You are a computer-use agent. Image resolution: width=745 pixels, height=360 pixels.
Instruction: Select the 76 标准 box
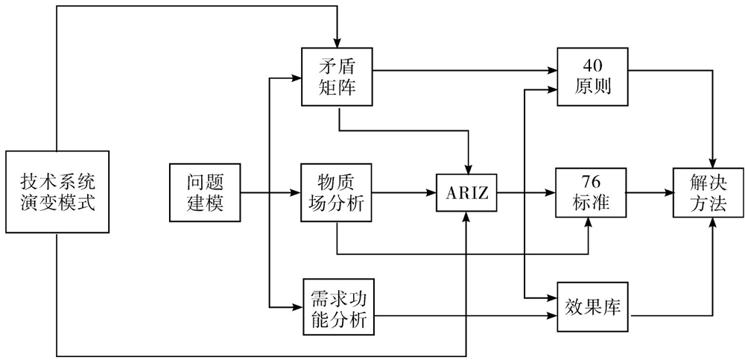tap(593, 192)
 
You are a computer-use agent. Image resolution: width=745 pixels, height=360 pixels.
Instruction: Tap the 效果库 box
tap(593, 306)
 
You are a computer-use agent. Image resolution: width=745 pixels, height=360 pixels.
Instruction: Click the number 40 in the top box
tap(593, 64)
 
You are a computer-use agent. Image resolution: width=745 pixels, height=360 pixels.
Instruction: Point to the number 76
tap(593, 181)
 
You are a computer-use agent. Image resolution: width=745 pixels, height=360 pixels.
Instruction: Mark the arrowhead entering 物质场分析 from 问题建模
tap(296, 192)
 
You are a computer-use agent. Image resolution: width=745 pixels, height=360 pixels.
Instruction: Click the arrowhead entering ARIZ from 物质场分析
tap(432, 192)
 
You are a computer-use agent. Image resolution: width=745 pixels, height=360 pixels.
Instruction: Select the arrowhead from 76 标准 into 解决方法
tap(668, 192)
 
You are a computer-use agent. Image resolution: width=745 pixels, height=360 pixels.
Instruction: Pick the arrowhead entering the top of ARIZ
tap(467, 169)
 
